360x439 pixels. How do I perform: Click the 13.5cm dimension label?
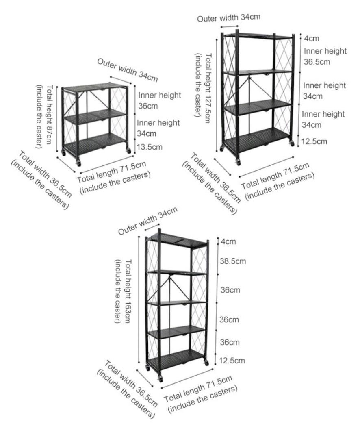click(x=149, y=147)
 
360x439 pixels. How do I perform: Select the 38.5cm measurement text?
click(x=233, y=261)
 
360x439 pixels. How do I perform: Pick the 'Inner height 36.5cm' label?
click(x=325, y=56)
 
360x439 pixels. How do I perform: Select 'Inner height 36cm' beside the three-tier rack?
click(x=159, y=100)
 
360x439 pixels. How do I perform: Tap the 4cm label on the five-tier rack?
click(x=228, y=241)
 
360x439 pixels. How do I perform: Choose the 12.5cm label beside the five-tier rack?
click(x=232, y=360)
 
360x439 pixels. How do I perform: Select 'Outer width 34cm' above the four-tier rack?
click(x=228, y=17)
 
